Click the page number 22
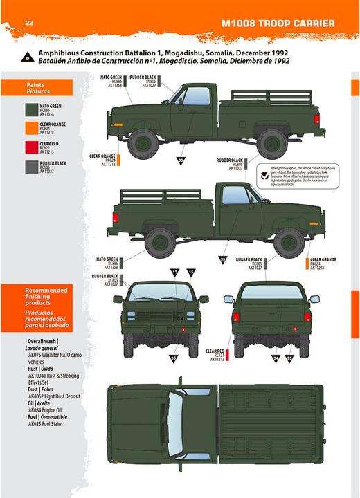click(29, 23)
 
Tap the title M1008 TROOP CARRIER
click(278, 24)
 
